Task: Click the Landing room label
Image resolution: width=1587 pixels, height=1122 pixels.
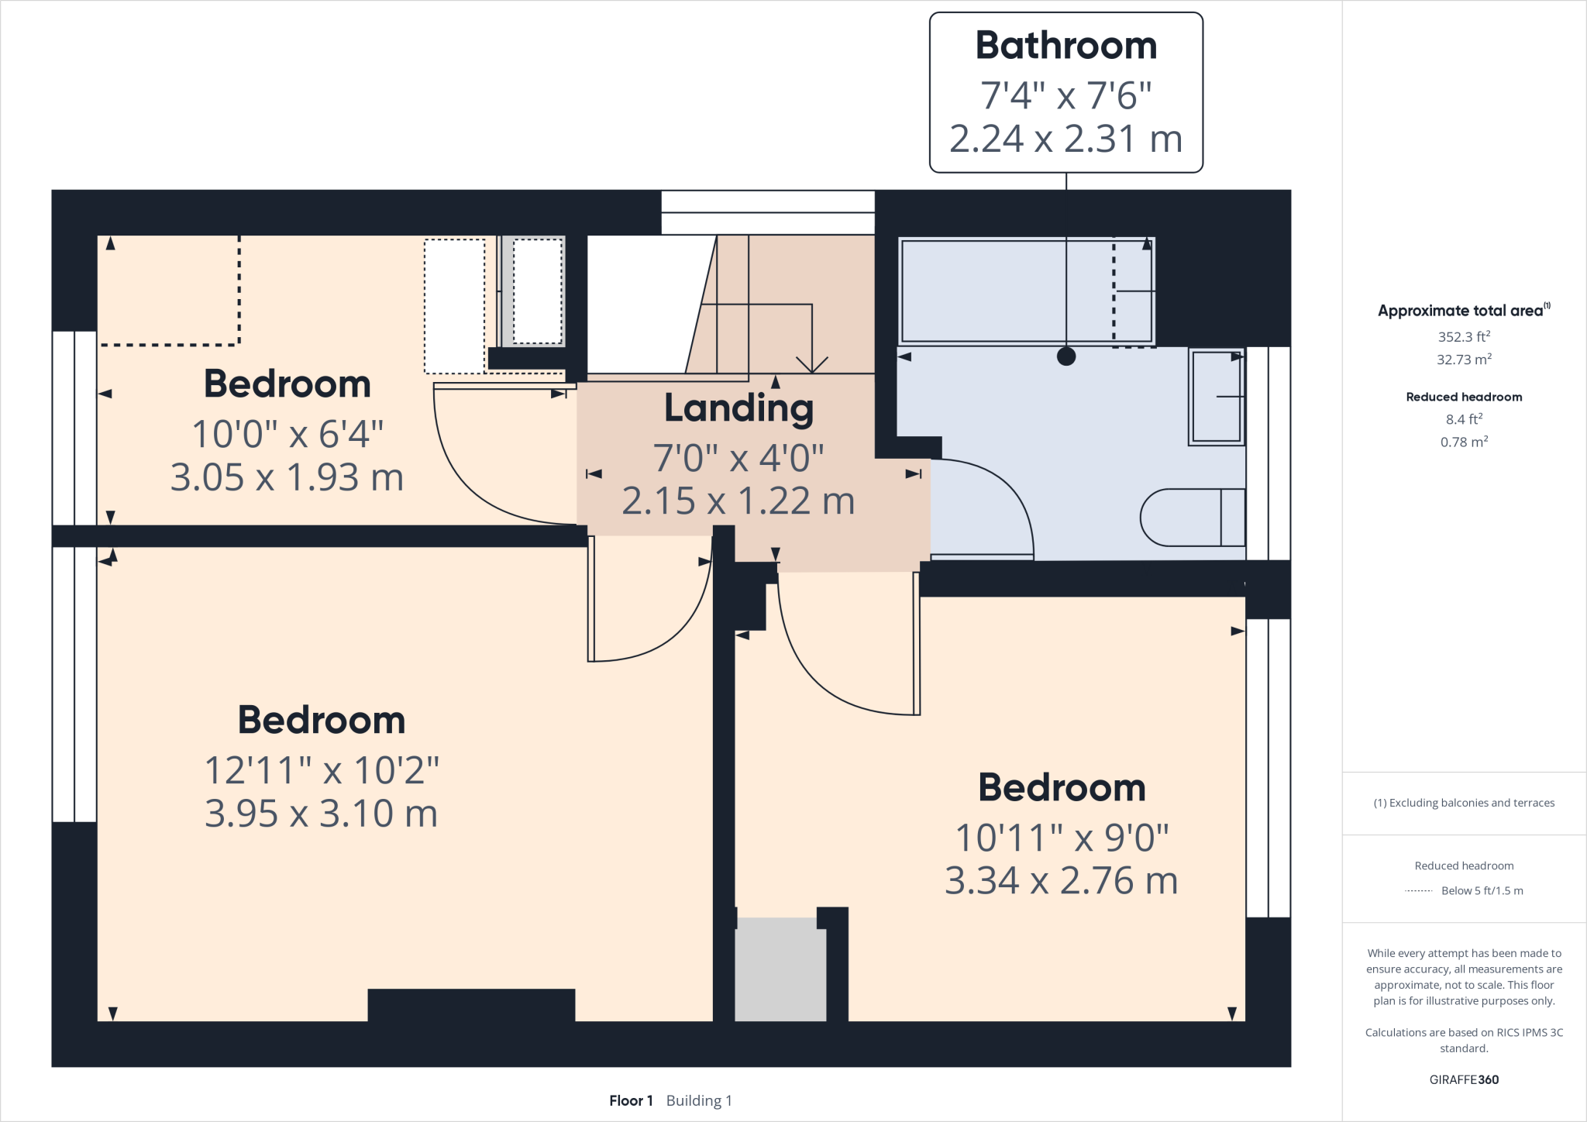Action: pyautogui.click(x=738, y=409)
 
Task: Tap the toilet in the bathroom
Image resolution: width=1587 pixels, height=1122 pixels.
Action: pyautogui.click(x=1193, y=517)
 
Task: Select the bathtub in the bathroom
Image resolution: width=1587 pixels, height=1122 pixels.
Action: pyautogui.click(x=1027, y=291)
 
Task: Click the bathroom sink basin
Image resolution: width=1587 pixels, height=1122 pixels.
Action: pyautogui.click(x=1217, y=397)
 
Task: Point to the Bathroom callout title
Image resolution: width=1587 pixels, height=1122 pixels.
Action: pyautogui.click(x=1066, y=45)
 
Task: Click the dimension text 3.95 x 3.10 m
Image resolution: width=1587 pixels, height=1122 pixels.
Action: pyautogui.click(x=321, y=814)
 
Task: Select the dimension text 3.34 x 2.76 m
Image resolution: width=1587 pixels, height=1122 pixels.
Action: pyautogui.click(x=1061, y=881)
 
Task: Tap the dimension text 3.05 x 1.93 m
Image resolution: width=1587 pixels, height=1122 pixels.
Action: pyautogui.click(x=287, y=477)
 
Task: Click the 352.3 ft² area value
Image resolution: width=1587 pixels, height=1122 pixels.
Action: pyautogui.click(x=1464, y=336)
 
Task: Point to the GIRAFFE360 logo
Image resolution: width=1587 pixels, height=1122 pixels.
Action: pyautogui.click(x=1464, y=1079)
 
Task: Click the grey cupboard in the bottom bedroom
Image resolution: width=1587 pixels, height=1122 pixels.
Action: pyautogui.click(x=780, y=969)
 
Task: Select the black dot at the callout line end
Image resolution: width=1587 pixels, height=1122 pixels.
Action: pyautogui.click(x=1066, y=356)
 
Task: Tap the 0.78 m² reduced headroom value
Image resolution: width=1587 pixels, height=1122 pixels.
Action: pyautogui.click(x=1464, y=442)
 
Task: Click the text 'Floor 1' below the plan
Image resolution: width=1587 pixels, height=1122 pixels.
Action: pyautogui.click(x=631, y=1100)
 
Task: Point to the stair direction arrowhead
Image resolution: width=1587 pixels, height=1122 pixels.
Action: pyautogui.click(x=812, y=365)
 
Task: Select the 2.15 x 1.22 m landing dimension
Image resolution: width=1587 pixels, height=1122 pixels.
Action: pyautogui.click(x=738, y=501)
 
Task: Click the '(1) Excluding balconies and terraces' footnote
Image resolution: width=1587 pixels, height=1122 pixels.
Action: pyautogui.click(x=1464, y=803)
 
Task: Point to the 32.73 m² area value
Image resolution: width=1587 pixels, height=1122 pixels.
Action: pyautogui.click(x=1464, y=359)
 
